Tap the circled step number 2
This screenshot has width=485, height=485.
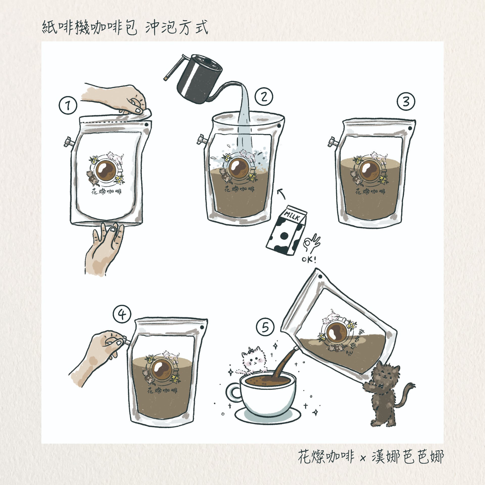[x=264, y=97]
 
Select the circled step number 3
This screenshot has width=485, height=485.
[x=406, y=102]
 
